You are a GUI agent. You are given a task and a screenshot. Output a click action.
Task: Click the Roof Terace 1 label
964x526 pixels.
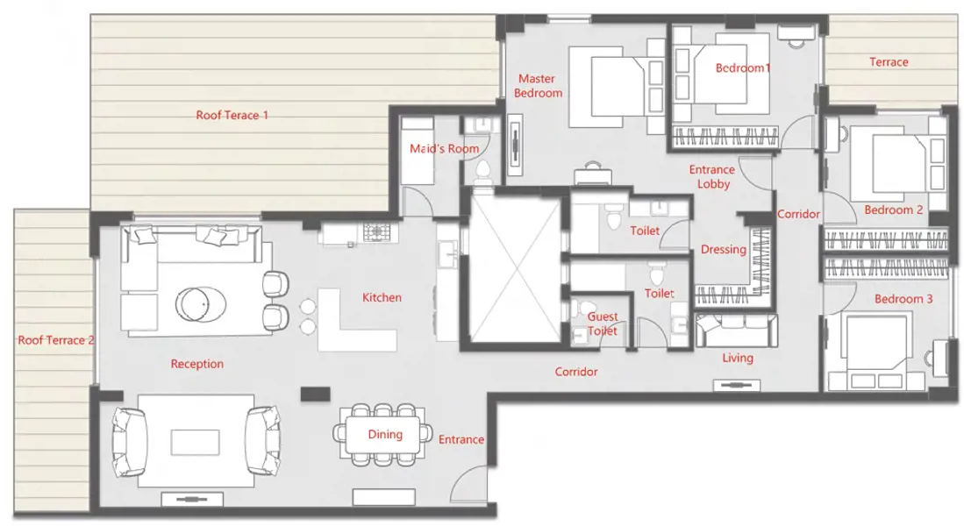click(232, 115)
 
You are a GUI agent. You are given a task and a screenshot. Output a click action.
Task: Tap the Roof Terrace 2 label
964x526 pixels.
click(56, 340)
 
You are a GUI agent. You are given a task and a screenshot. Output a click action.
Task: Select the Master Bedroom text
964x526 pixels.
click(538, 86)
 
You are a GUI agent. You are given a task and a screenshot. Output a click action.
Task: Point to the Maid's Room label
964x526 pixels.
click(444, 149)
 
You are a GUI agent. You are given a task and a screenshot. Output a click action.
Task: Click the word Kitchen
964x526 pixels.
click(382, 297)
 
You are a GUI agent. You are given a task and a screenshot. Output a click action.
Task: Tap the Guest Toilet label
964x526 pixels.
click(603, 323)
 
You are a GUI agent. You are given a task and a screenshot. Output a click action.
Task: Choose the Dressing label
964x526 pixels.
click(724, 250)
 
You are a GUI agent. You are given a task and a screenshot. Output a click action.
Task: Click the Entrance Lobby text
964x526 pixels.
click(712, 176)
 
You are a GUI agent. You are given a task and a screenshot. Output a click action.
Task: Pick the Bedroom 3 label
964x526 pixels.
click(903, 299)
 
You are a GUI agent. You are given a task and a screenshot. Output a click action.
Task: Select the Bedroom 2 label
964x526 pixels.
click(893, 210)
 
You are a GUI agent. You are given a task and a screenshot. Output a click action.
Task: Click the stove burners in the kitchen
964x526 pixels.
click(376, 231)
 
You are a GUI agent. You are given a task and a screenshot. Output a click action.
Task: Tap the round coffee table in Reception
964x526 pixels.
click(200, 304)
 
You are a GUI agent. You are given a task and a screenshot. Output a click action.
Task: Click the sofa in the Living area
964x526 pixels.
click(737, 330)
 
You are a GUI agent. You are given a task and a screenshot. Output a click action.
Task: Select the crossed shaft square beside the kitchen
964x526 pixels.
click(515, 269)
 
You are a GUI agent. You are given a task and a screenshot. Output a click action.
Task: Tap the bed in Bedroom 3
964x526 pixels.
click(876, 352)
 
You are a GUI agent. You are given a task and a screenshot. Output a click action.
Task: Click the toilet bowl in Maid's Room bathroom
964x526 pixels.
click(482, 172)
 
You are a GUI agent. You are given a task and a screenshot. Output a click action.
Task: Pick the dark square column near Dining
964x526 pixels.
click(316, 394)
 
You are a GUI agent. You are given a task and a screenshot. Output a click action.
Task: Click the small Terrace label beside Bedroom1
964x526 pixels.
click(889, 62)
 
